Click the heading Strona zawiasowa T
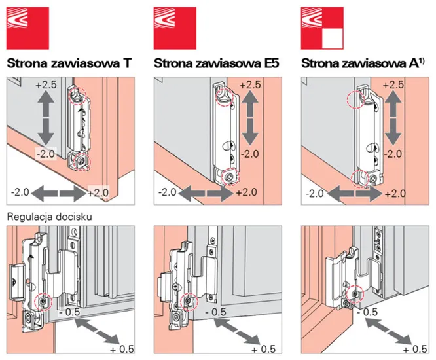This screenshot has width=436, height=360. tap(68, 63)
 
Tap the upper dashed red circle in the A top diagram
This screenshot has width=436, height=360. tap(355, 101)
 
